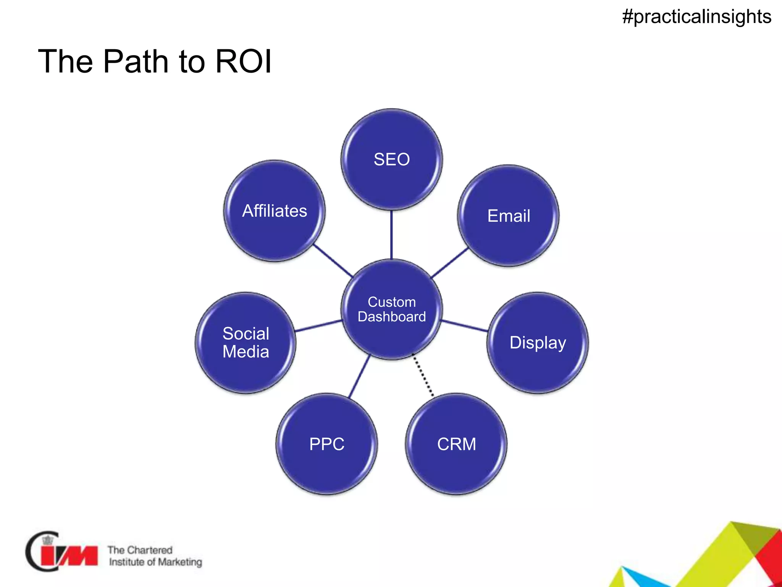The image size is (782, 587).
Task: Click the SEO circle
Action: tap(391, 159)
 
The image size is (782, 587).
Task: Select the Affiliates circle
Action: tap(275, 211)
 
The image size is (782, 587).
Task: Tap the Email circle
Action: tap(508, 216)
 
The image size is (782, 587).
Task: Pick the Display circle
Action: tap(537, 343)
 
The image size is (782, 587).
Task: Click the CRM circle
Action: tap(456, 444)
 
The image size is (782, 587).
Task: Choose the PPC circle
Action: tap(327, 444)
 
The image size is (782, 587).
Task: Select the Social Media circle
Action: tap(246, 343)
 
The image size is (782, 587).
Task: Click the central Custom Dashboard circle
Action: tap(391, 310)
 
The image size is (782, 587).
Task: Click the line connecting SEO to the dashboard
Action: tap(391, 235)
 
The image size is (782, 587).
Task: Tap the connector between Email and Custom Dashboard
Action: tap(449, 263)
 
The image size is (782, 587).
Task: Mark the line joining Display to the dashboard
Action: tap(464, 326)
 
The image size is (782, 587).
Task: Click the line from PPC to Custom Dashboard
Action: tap(359, 377)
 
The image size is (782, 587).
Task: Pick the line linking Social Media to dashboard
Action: tap(318, 326)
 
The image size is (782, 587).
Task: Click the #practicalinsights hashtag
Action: tap(696, 17)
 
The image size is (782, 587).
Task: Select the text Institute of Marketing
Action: tap(155, 562)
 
